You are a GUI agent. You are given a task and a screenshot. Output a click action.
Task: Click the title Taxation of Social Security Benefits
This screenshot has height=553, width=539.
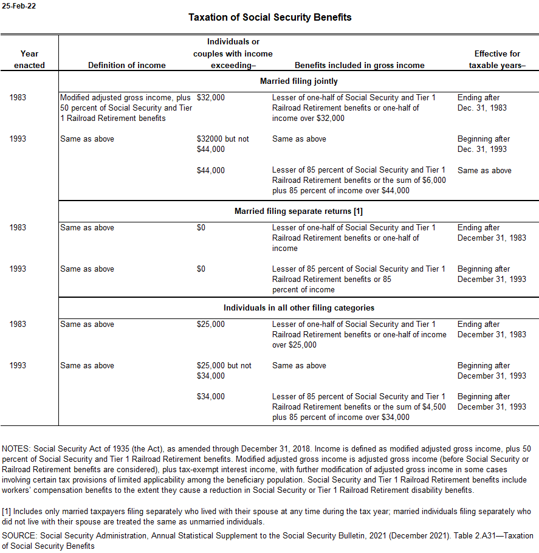tap(270, 17)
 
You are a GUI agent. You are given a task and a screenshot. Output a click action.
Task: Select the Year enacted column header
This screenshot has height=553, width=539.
tap(29, 60)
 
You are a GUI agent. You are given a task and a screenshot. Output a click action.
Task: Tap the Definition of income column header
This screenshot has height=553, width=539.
tap(126, 65)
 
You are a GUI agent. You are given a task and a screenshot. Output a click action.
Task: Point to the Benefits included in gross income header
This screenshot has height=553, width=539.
tap(359, 65)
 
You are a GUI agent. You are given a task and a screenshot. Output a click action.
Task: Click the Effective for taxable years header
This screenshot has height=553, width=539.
tap(497, 60)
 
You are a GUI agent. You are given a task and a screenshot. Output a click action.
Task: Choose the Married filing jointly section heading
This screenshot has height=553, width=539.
tap(298, 81)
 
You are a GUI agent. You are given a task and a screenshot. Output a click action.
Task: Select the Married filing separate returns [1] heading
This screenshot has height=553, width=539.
tap(298, 211)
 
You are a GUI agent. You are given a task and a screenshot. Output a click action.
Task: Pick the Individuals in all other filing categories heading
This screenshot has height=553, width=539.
tap(298, 308)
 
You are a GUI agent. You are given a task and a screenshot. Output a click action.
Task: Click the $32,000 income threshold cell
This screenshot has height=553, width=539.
tap(210, 98)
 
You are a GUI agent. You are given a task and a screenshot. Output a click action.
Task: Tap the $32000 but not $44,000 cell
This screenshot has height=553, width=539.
tap(222, 144)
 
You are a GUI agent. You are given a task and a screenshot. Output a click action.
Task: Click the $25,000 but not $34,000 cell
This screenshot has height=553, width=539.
tap(224, 371)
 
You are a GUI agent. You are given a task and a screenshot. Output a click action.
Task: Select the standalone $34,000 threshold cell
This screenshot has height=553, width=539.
tap(210, 397)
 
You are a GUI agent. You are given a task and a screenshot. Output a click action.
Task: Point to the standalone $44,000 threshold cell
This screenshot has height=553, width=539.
tap(210, 171)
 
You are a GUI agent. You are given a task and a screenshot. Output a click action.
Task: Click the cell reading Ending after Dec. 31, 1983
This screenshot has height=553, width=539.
tap(482, 103)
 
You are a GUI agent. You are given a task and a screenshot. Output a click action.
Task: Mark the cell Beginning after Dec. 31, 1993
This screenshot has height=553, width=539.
tap(484, 144)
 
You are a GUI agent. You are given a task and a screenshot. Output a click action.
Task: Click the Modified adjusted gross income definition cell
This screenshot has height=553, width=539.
tap(125, 108)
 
